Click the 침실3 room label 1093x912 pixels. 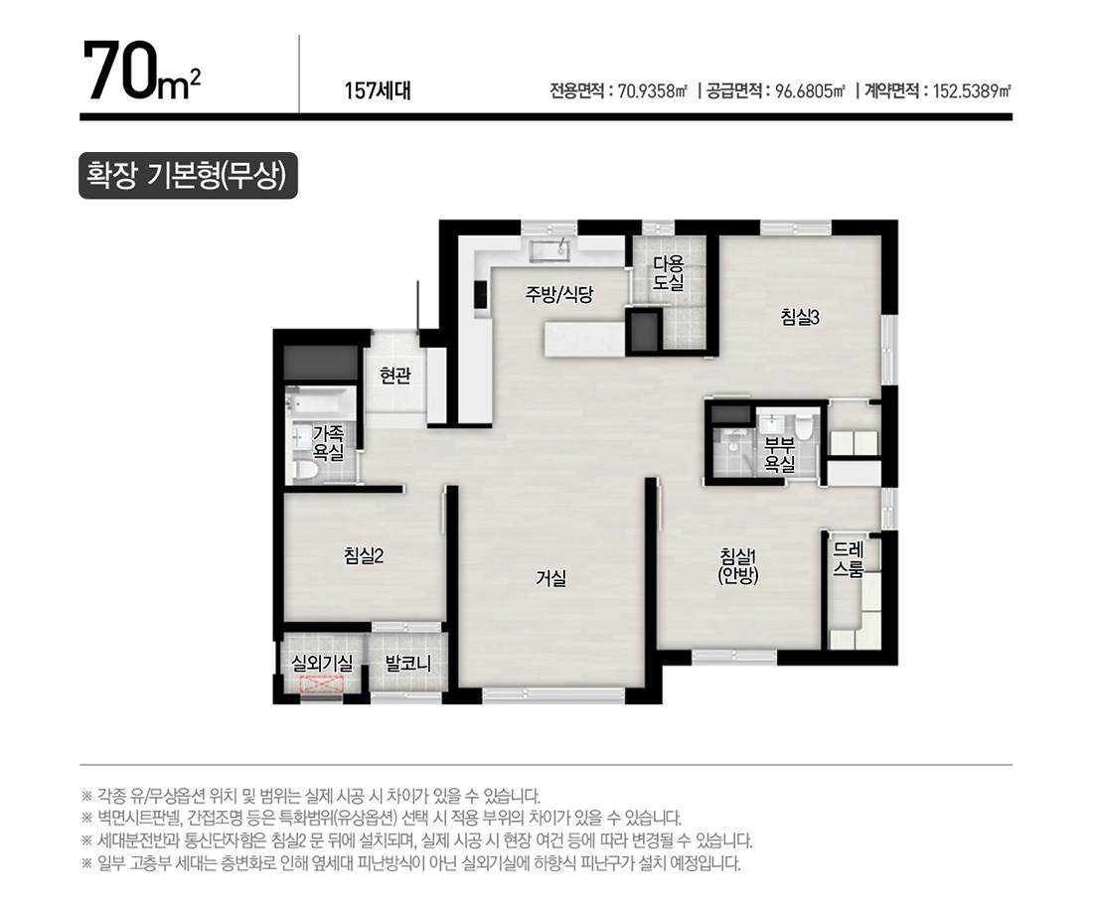point(800,318)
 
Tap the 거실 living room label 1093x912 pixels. point(550,577)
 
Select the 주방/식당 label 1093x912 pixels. point(558,294)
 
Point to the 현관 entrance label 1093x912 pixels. point(395,376)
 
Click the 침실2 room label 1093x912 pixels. point(363,555)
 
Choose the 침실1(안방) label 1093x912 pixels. point(738,565)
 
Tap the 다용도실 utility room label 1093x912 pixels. point(668,273)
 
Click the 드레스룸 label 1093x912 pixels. point(849,559)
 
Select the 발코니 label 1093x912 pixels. point(407,664)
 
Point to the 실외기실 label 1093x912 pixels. point(321,664)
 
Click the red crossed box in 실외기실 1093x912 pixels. point(321,684)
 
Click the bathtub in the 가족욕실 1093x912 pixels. point(321,403)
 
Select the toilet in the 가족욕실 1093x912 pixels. point(306,469)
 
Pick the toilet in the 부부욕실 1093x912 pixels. point(804,426)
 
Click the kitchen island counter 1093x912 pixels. point(584,340)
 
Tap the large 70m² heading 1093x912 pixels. point(142,73)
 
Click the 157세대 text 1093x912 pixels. point(378,90)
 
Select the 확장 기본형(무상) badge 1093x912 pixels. point(188,176)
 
